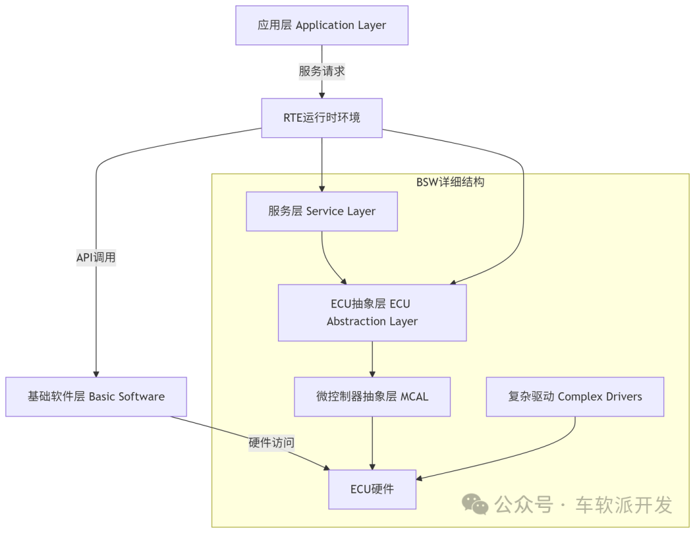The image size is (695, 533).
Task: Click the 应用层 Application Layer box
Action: point(322,26)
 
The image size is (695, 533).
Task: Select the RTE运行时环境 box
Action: point(322,118)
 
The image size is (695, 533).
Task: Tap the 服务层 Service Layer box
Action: point(322,211)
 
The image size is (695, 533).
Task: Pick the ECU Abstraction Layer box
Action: point(372,312)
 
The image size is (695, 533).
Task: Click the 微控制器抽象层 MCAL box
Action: point(372,397)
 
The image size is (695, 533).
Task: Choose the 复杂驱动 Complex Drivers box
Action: point(575,397)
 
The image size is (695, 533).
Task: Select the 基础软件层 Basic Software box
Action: point(96,397)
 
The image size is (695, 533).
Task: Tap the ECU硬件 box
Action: point(372,489)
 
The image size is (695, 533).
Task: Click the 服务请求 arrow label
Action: point(322,71)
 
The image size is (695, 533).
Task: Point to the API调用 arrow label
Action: point(96,257)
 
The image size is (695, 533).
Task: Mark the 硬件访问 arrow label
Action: point(272,443)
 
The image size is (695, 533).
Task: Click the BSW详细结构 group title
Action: point(450,182)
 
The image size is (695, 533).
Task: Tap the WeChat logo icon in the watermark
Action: point(476,504)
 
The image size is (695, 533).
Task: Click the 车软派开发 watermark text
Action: point(624,505)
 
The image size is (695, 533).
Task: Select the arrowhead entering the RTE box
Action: point(322,95)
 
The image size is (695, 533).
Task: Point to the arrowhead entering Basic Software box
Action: point(96,373)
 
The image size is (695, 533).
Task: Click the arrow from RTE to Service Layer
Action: point(322,164)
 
